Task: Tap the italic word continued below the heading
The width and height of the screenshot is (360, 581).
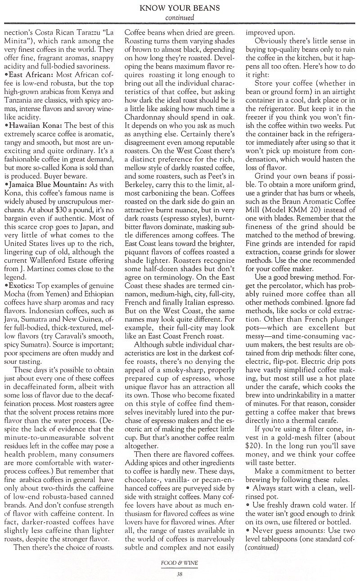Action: [x=180, y=18]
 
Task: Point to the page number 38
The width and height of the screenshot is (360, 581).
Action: [x=179, y=573]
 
